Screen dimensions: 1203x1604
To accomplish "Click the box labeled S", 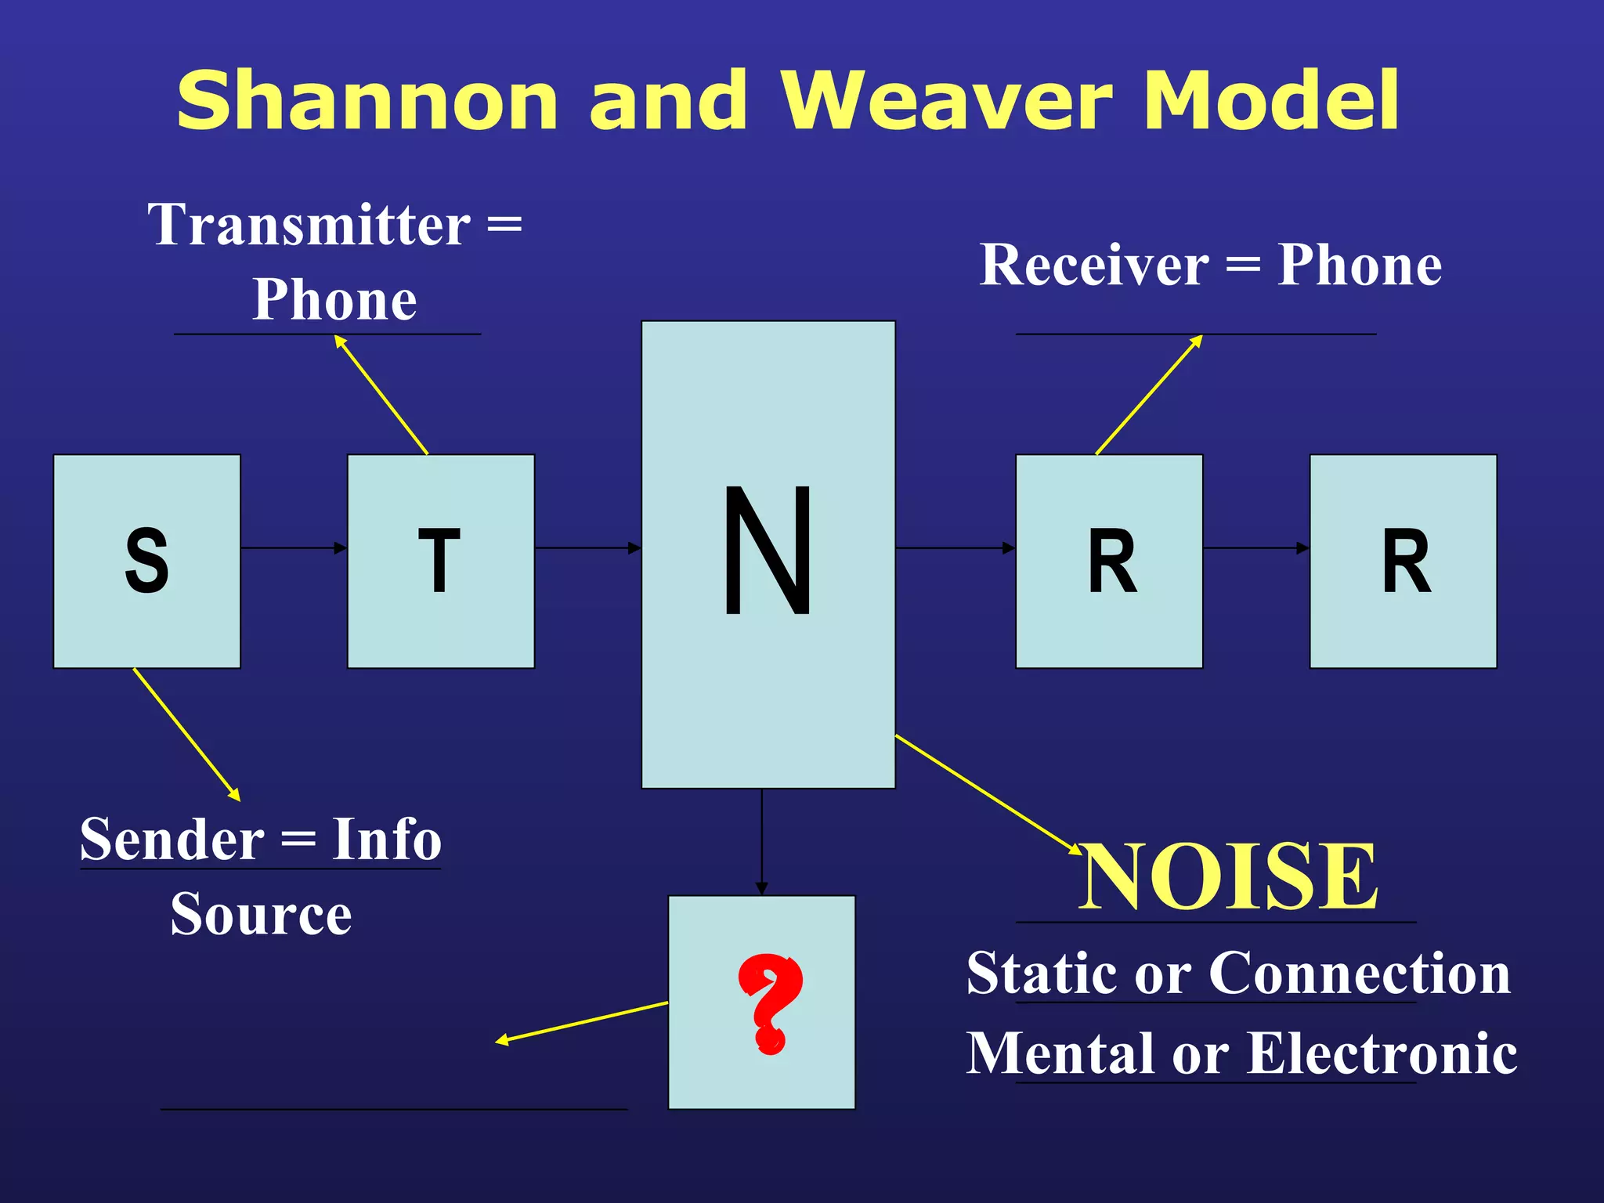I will coord(146,561).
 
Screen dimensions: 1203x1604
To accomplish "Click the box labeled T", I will coord(440,561).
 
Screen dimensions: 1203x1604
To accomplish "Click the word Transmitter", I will coord(309,225).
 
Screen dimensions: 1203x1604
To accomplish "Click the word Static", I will coord(1042,973).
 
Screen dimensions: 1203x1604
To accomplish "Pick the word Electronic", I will coord(1382,1053).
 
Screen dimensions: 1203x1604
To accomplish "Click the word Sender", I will coord(172,840).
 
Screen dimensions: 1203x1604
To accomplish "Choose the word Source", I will coord(261,915).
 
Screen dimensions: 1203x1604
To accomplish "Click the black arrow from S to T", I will coord(294,548).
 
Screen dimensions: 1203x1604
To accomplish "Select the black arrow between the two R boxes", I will coord(1255,548).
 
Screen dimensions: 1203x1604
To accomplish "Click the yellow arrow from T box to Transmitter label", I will coord(381,396).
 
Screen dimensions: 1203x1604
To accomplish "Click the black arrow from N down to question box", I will coord(761,842).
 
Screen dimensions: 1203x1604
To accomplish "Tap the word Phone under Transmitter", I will coord(334,300).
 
